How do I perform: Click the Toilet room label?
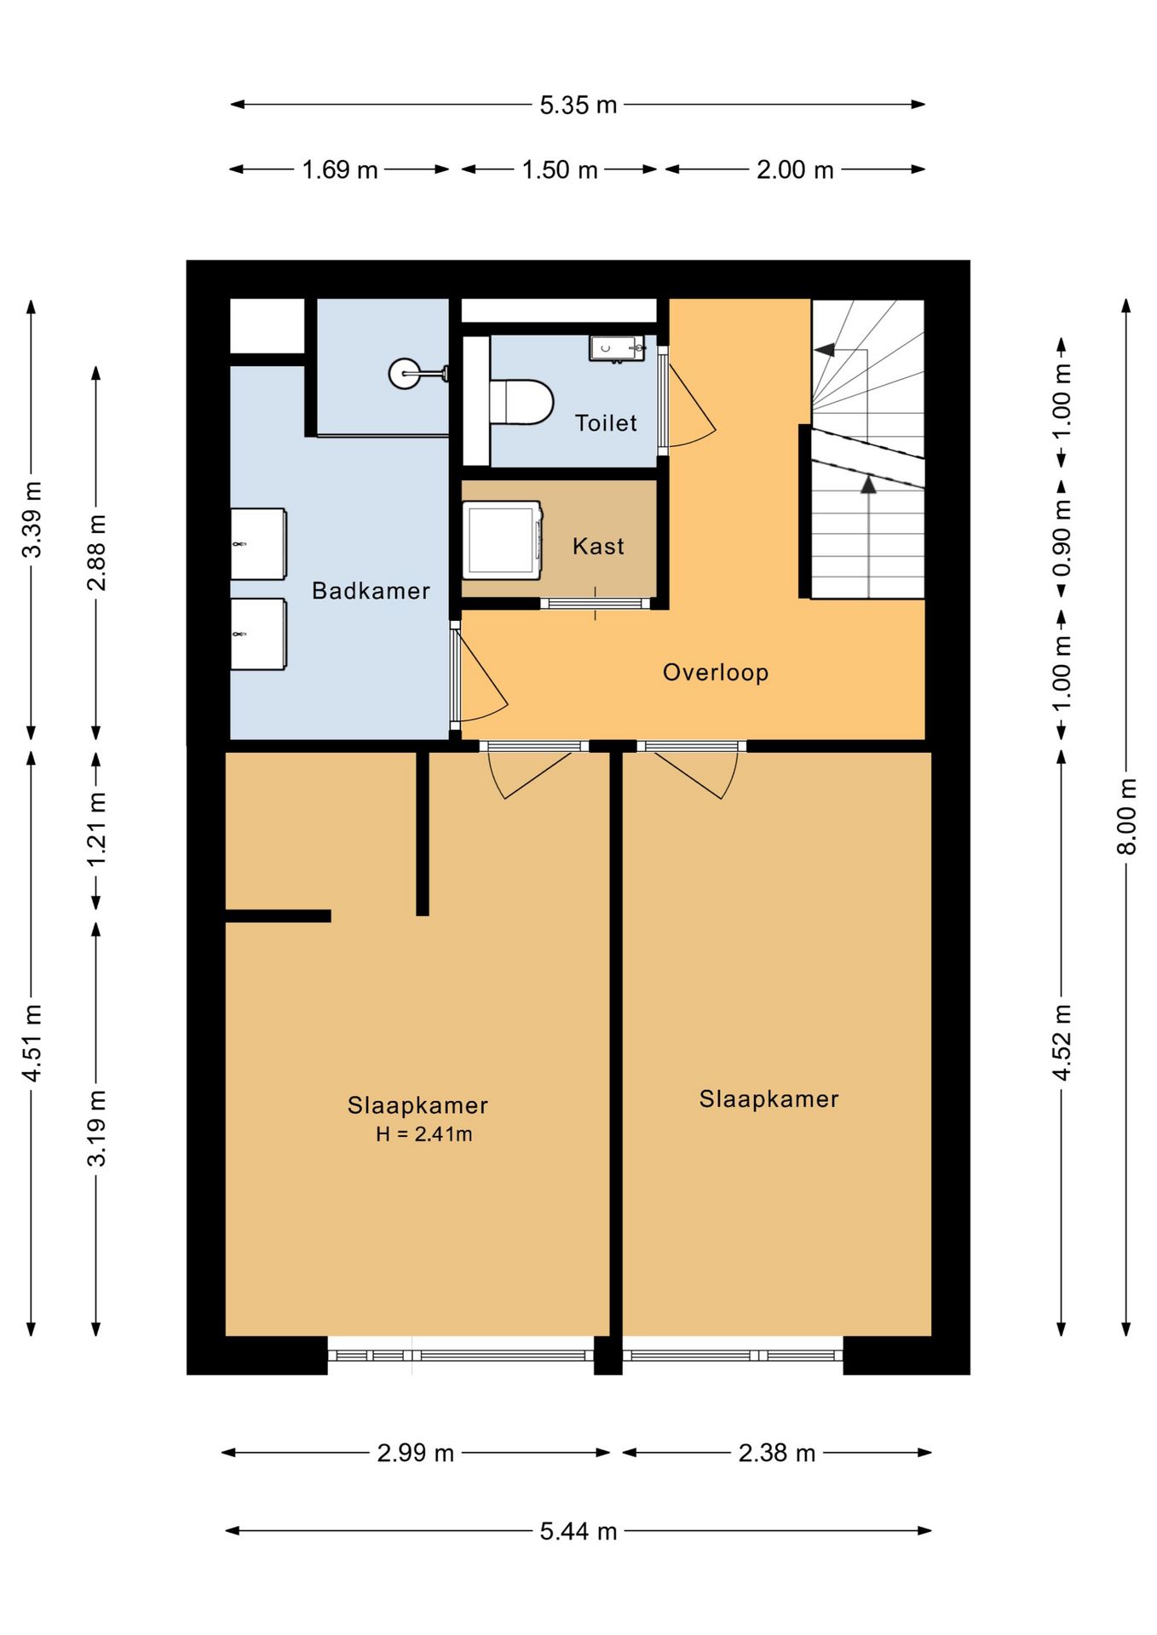click(x=606, y=423)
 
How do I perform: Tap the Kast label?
click(x=598, y=547)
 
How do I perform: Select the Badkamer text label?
click(x=371, y=591)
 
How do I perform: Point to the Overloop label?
click(x=716, y=673)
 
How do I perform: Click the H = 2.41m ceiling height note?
click(x=424, y=1134)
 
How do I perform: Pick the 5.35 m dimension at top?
click(x=578, y=105)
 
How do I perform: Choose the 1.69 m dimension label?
click(x=340, y=169)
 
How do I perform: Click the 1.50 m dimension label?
click(x=560, y=169)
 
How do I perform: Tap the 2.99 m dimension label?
click(x=416, y=1453)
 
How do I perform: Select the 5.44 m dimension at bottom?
click(x=578, y=1531)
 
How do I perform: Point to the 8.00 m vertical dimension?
click(x=1126, y=816)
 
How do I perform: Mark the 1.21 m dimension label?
click(x=96, y=829)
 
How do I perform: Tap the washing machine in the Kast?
click(x=503, y=540)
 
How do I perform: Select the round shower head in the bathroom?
click(x=405, y=373)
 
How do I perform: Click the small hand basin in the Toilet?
click(x=616, y=348)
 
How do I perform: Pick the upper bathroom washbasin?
click(x=258, y=544)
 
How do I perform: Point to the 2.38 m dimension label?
click(x=777, y=1453)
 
